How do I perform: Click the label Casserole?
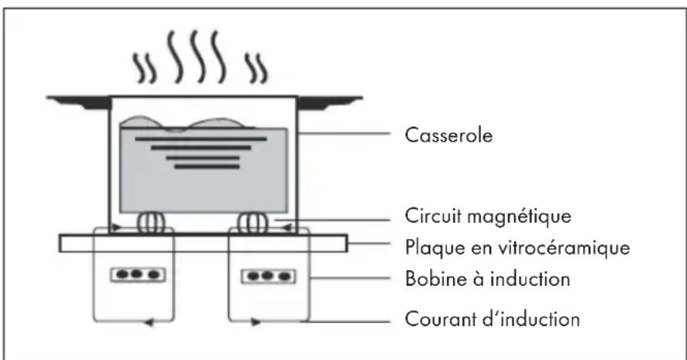point(448,135)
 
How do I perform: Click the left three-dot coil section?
point(138,275)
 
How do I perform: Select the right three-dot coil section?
point(268,276)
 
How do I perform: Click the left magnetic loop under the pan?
point(151,223)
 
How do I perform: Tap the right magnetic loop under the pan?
point(252,223)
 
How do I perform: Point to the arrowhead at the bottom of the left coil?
point(149,323)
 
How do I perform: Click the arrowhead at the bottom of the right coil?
point(256,323)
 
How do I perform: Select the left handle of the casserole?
point(79,102)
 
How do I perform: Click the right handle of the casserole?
point(329,102)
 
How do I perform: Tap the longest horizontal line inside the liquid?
point(201,139)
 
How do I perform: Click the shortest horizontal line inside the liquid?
point(207,166)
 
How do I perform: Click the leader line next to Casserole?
point(345,133)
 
